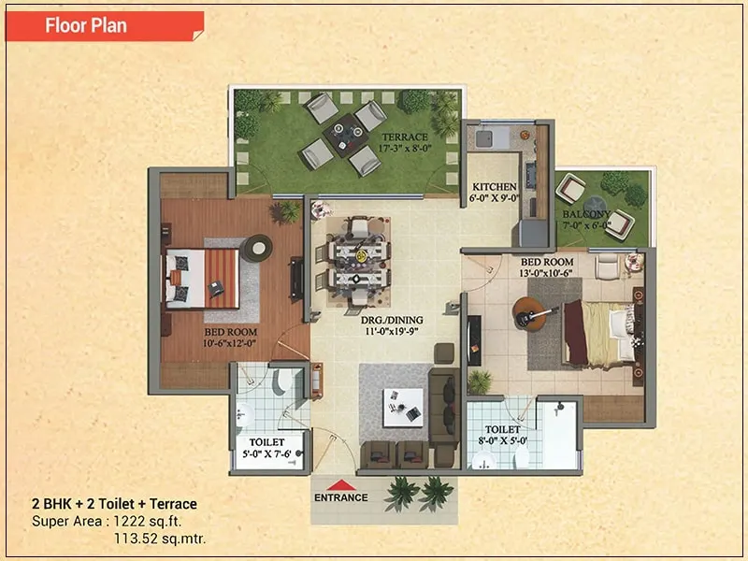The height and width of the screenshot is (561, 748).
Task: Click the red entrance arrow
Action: click(341, 485)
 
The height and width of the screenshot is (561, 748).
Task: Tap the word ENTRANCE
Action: click(341, 497)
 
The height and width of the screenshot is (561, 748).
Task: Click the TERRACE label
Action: click(405, 137)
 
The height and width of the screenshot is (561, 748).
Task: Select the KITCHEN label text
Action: click(495, 186)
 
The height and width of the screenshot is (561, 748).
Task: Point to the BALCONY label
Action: click(586, 214)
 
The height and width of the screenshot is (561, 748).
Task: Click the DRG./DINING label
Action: click(392, 320)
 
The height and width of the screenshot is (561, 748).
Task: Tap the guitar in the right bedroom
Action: click(533, 315)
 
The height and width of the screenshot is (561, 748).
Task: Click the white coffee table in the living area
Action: click(403, 408)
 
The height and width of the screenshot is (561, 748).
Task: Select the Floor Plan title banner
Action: click(105, 26)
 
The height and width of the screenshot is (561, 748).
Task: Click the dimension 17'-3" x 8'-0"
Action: click(405, 149)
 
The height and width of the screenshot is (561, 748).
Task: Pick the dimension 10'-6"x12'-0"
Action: click(230, 343)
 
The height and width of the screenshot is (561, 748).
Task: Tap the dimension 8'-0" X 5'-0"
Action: click(503, 440)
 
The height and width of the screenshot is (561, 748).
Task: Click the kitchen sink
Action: click(484, 138)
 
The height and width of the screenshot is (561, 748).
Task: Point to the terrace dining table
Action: click(346, 135)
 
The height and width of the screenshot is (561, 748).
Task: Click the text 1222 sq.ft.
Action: click(148, 521)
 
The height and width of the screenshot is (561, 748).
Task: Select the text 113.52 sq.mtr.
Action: click(160, 539)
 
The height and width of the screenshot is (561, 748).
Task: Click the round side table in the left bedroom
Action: click(256, 248)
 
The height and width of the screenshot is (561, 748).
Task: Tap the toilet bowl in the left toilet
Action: click(284, 381)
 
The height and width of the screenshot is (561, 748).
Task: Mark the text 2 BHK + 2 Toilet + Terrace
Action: click(114, 504)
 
